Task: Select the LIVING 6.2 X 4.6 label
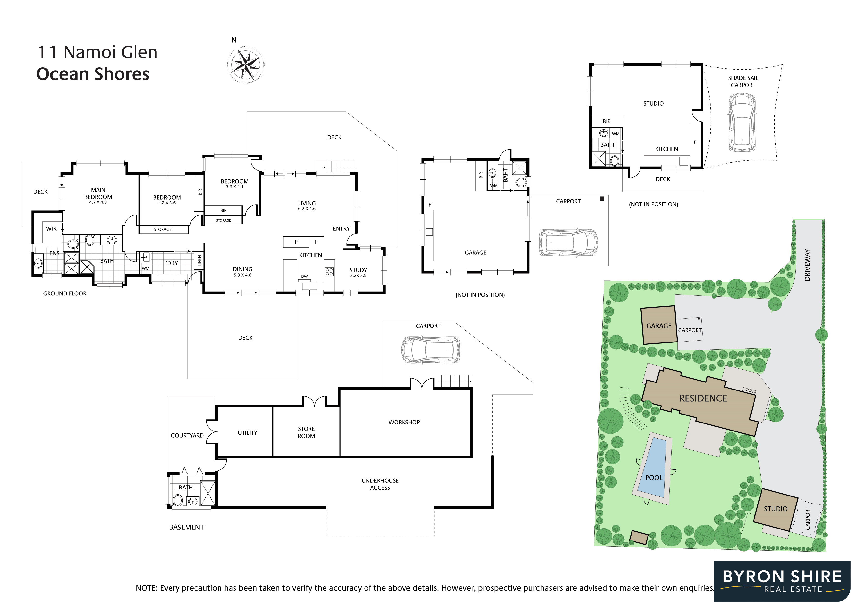pos(307,205)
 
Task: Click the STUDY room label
pos(358,270)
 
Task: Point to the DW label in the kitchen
pos(304,277)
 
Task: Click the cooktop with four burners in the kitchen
pos(329,271)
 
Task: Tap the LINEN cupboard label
pos(199,260)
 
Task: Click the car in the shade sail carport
pos(742,122)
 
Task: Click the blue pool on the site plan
pos(654,468)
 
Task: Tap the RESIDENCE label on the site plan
pos(703,399)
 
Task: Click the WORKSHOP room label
pos(404,422)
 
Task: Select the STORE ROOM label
pos(306,432)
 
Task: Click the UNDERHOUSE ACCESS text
pos(380,484)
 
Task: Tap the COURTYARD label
pos(187,436)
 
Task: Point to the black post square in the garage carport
pos(601,199)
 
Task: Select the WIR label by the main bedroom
pos(51,229)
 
